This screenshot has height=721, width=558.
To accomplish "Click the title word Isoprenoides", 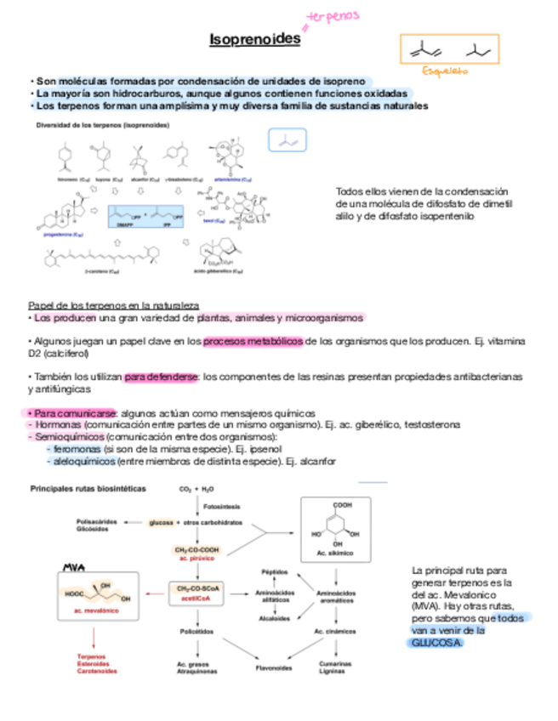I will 255,40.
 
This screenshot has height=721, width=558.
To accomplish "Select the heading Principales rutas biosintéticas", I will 88,489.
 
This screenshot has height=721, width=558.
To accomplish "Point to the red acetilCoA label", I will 195,597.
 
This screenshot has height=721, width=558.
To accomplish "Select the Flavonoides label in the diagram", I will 274,667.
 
